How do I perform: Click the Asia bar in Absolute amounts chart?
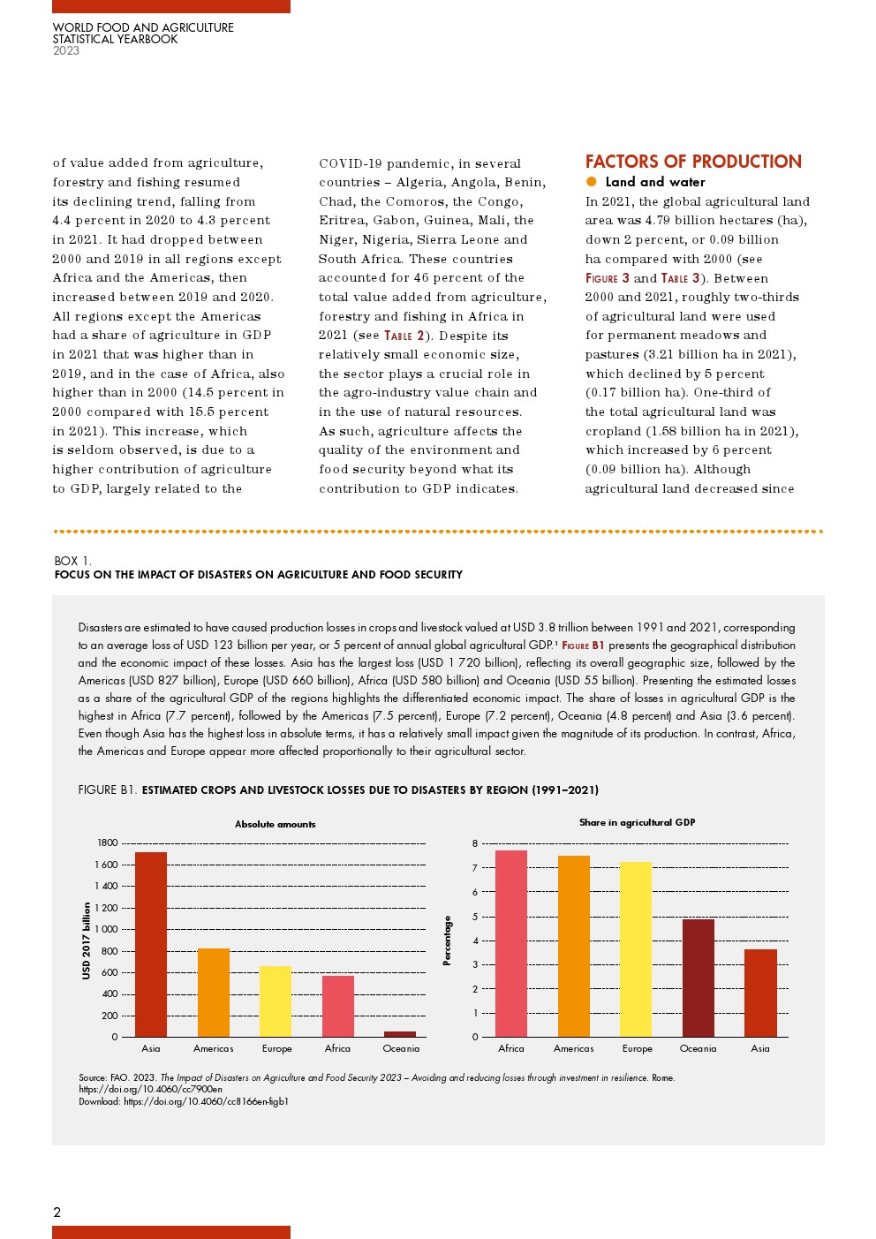(151, 944)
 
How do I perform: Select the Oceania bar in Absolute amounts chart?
(400, 1034)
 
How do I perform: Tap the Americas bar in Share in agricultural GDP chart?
(574, 946)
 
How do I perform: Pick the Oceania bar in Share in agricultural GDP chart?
(699, 978)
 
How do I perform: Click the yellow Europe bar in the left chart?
(276, 1001)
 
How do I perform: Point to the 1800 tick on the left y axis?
(107, 843)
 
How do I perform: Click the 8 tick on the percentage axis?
(475, 844)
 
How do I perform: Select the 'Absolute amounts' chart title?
(275, 825)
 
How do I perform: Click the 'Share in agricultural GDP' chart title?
(637, 823)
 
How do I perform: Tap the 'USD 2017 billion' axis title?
(87, 941)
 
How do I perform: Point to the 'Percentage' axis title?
(447, 941)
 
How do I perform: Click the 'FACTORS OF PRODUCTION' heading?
(693, 162)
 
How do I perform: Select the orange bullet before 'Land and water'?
(592, 182)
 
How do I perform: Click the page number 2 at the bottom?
(57, 1213)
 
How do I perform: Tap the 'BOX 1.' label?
(72, 561)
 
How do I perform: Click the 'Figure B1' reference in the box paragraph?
(583, 646)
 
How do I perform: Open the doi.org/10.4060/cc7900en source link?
(150, 1090)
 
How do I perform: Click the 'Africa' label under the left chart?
(337, 1049)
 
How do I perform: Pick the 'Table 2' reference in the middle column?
(404, 336)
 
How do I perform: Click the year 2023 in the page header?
(66, 51)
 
